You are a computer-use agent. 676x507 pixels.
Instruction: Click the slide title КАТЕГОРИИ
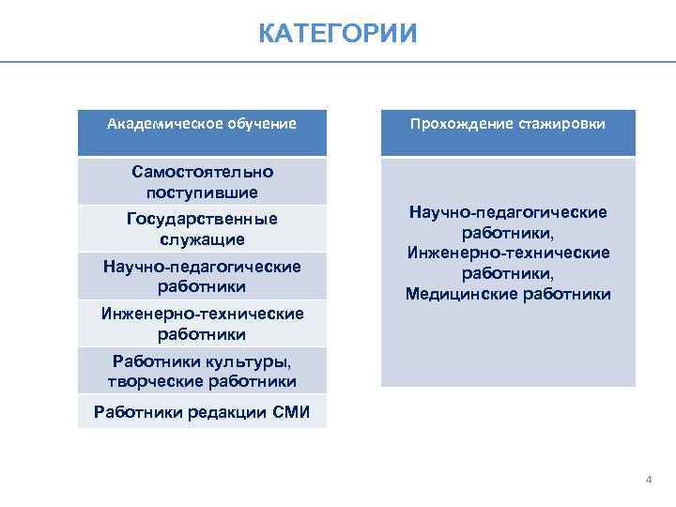(x=337, y=35)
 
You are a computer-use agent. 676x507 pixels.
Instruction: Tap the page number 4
(x=648, y=480)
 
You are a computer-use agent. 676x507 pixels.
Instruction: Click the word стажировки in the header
(x=561, y=124)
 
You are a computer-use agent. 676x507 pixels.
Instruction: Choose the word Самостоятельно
(x=202, y=173)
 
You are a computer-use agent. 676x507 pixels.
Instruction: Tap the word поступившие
(x=202, y=192)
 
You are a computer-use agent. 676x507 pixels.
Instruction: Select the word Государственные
(x=202, y=219)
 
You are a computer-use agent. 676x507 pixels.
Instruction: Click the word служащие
(x=202, y=238)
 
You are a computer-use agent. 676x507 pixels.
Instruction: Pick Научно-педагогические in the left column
(x=202, y=267)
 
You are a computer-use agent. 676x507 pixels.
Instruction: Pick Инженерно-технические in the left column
(x=202, y=314)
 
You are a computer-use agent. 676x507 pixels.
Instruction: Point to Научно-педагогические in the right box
(x=508, y=213)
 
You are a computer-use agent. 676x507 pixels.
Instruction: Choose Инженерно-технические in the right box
(x=508, y=253)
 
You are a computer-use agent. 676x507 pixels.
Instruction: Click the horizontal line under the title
(x=337, y=62)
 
